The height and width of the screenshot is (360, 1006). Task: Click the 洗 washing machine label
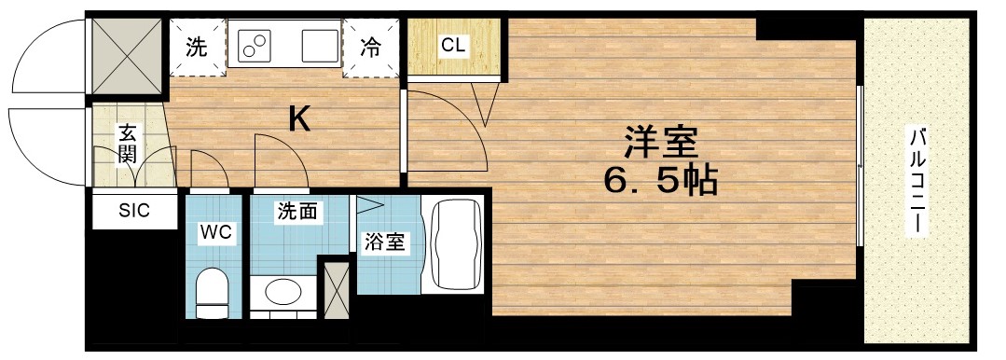pos(196,47)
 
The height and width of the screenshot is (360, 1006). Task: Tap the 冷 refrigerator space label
pos(371,47)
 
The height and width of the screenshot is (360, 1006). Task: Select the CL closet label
pos(454,45)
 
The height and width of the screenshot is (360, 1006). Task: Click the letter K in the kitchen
pos(298,118)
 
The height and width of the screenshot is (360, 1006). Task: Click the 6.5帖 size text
pos(661,179)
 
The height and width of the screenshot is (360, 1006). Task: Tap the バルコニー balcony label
pos(917,182)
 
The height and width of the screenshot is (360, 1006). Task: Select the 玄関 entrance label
pos(128,144)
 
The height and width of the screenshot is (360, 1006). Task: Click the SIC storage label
pos(133,211)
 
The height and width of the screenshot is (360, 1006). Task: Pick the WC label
pos(216,230)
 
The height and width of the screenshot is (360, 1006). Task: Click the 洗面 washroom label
pos(297,213)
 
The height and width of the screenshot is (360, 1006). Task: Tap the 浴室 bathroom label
pos(383,243)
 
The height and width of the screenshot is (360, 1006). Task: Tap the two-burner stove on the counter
pos(255,43)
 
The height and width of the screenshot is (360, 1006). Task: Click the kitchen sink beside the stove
pos(316,43)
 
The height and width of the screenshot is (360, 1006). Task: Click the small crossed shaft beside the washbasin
pos(335,290)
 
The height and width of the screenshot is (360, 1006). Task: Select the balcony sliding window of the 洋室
pos(860,168)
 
